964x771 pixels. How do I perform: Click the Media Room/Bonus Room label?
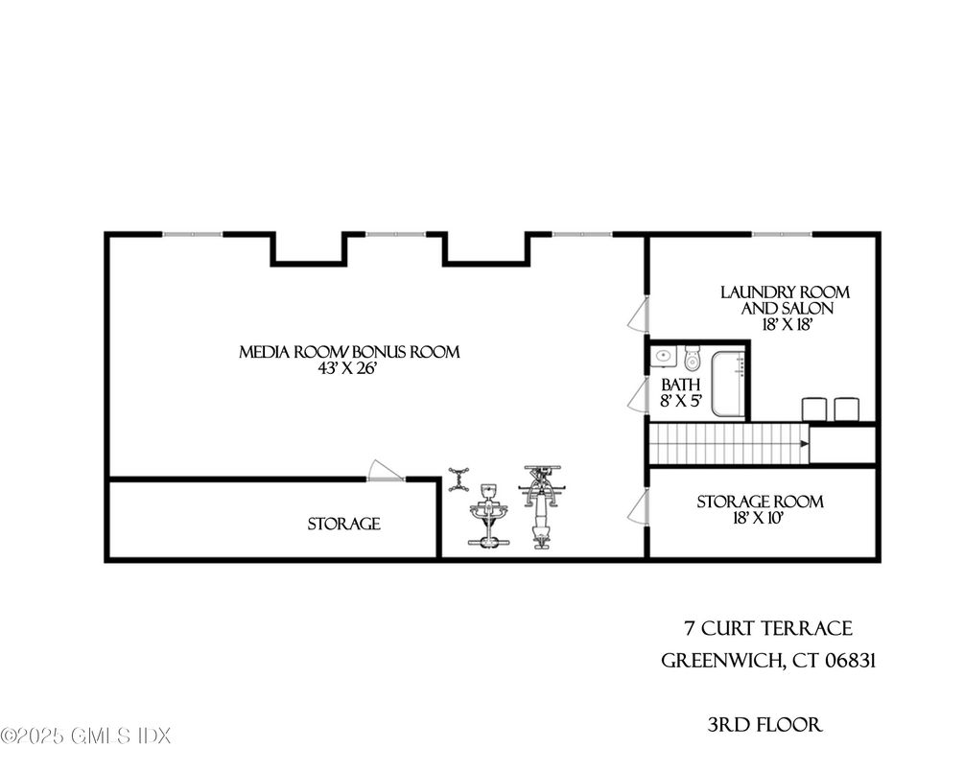(349, 352)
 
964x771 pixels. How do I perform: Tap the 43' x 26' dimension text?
(349, 369)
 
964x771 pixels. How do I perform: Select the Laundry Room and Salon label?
(786, 300)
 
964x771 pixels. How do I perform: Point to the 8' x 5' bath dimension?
(681, 402)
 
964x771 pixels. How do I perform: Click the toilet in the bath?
(693, 359)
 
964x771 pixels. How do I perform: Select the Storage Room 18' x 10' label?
(760, 510)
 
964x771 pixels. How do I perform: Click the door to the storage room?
(639, 508)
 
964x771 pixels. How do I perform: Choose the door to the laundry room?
(639, 315)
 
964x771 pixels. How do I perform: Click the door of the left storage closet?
(385, 471)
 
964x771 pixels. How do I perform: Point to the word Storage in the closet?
(343, 524)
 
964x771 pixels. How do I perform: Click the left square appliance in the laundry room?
(814, 409)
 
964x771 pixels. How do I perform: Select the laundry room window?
(782, 234)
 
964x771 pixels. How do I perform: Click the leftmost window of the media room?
(192, 234)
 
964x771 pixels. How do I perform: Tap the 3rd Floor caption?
(764, 725)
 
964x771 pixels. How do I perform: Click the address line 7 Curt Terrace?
(768, 628)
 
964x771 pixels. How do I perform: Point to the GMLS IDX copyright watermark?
(85, 736)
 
